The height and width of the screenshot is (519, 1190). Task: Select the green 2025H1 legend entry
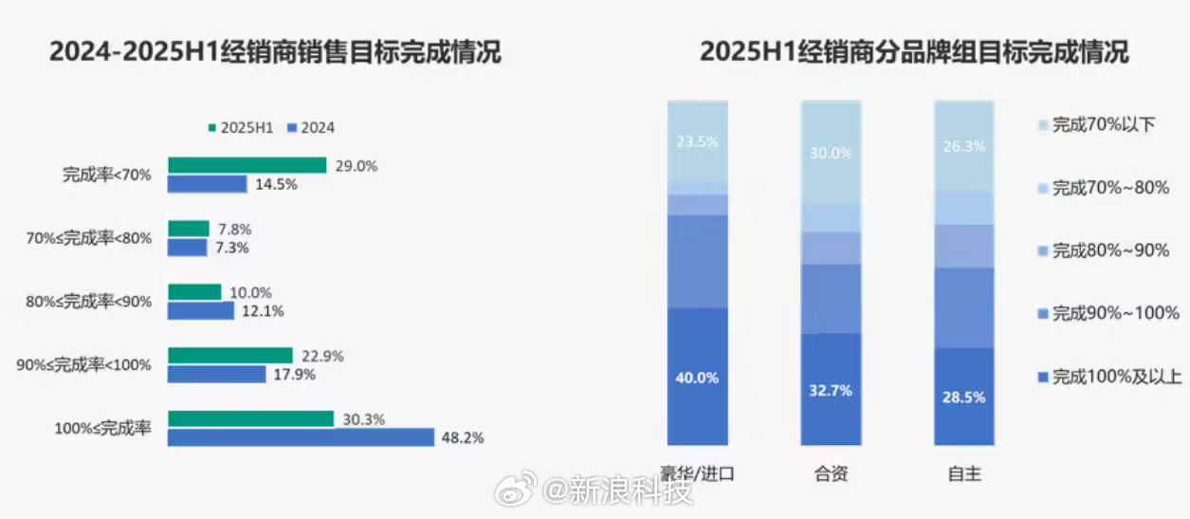[241, 128]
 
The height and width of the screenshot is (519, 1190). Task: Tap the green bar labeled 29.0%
[247, 165]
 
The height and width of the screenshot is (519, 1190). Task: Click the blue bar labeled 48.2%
[301, 437]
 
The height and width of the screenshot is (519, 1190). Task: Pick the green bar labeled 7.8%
[189, 229]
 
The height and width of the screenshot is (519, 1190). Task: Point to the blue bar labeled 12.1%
[201, 310]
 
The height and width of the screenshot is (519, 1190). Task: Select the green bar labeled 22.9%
[230, 356]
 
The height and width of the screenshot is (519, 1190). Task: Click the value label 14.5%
[276, 184]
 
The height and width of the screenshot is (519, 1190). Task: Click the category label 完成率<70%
[107, 175]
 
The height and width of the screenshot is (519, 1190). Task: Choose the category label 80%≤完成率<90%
[88, 302]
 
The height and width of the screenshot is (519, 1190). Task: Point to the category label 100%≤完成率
[103, 428]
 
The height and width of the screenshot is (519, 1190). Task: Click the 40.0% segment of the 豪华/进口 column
[697, 377]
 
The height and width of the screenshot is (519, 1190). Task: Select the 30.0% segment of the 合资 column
[831, 152]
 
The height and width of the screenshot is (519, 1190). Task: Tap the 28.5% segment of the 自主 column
[964, 397]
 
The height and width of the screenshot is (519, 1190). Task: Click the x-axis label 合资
[831, 473]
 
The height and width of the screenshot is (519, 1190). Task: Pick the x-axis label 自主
[964, 473]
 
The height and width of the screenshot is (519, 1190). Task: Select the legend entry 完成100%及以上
[1109, 378]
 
